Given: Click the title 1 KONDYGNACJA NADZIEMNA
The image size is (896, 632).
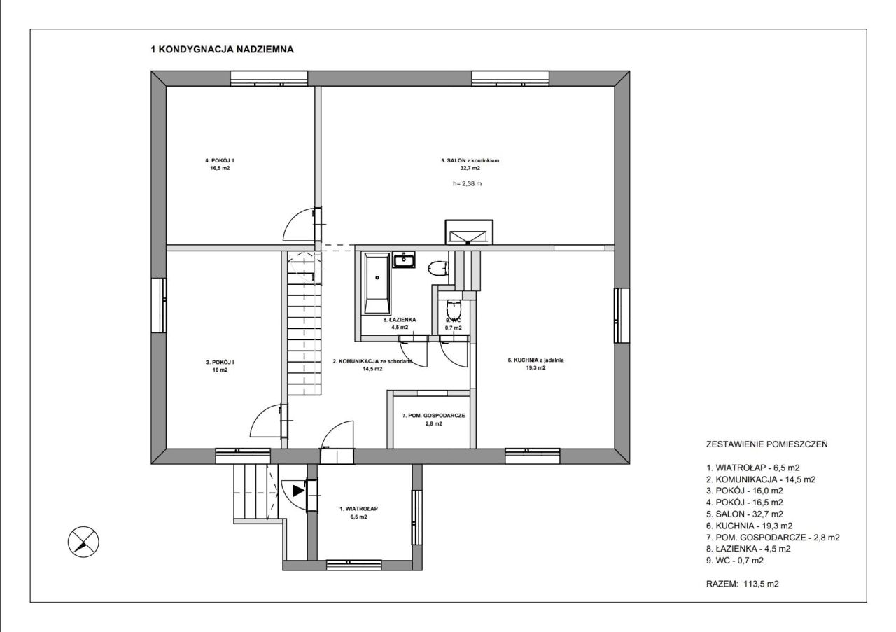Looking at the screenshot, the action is point(222,50).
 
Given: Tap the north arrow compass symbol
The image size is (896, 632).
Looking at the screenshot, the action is point(83,542).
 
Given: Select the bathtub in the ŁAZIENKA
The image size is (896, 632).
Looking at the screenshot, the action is point(377,283).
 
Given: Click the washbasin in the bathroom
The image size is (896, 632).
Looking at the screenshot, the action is point(404,260).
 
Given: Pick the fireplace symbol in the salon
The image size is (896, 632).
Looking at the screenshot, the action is point(469,232).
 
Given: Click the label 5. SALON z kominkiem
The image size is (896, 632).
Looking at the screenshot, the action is point(470,160).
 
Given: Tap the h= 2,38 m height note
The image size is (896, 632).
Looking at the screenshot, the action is point(467,184).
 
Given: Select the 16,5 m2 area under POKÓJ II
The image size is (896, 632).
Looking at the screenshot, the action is point(220,169).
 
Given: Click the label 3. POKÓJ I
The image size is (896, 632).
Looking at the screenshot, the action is point(220,363).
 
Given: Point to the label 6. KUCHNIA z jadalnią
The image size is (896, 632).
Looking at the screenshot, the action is point(535,360).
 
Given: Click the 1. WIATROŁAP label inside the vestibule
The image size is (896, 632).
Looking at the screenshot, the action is point(358,509).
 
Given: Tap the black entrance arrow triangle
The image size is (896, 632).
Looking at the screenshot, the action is point(298,491).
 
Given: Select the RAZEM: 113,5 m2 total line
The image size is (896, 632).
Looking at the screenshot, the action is point(743,584).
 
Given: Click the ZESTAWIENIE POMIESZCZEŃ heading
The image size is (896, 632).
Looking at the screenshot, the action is point(766,444).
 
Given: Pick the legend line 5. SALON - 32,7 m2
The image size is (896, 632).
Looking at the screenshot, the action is point(744,514).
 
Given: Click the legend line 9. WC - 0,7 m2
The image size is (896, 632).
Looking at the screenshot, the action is point(735,561).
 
